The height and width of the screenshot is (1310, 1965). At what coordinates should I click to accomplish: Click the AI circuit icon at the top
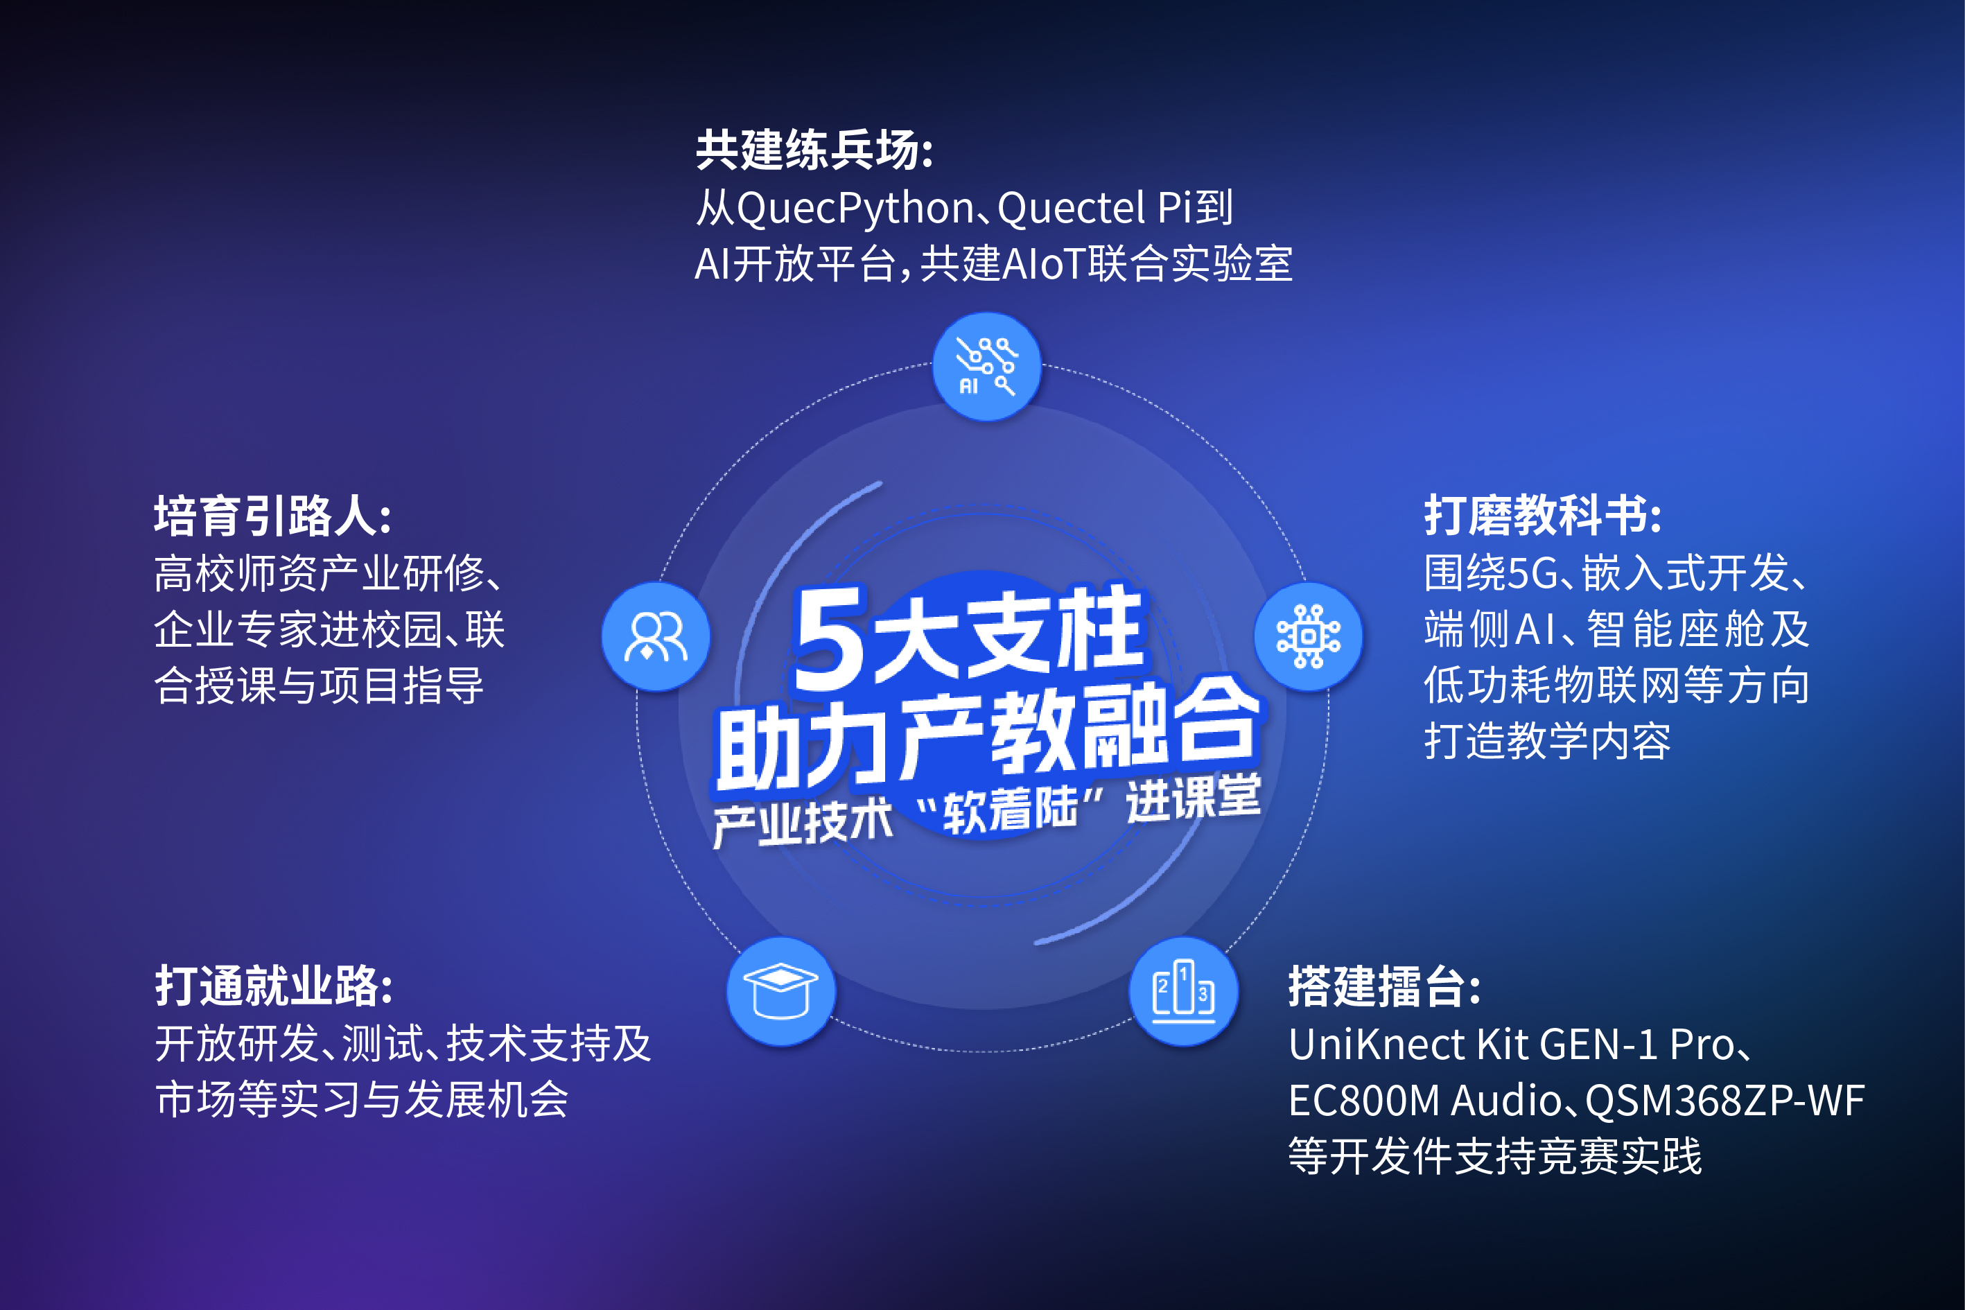[x=987, y=367]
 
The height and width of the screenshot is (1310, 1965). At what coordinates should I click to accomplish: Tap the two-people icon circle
[x=656, y=636]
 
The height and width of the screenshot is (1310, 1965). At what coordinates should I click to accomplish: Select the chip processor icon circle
[x=1309, y=636]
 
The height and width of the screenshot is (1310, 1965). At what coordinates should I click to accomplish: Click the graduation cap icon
[x=780, y=991]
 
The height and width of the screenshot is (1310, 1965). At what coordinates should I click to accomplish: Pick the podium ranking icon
[x=1183, y=991]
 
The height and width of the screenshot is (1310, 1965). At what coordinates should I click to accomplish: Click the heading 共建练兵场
[x=814, y=150]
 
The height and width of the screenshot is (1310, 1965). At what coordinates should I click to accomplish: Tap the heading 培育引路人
[x=272, y=516]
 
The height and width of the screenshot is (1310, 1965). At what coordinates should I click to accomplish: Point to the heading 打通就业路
[x=273, y=986]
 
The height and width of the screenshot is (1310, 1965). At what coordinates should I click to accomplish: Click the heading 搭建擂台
[x=1384, y=986]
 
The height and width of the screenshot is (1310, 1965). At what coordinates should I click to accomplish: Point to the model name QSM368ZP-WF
[x=1724, y=1100]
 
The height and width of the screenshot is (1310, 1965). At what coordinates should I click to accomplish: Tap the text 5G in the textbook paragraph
[x=1531, y=573]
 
